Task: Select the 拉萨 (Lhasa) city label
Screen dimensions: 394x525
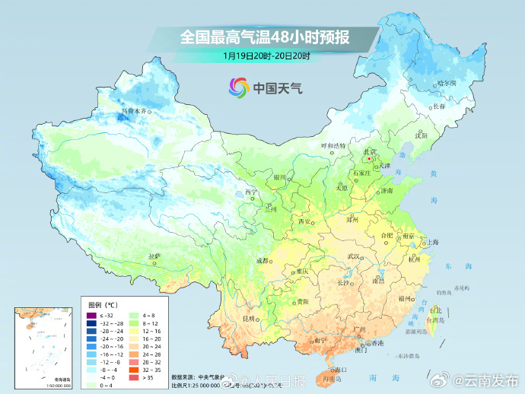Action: point(154,256)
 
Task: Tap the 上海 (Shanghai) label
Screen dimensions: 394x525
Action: point(432,242)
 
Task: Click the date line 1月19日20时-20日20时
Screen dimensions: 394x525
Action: point(262,56)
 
